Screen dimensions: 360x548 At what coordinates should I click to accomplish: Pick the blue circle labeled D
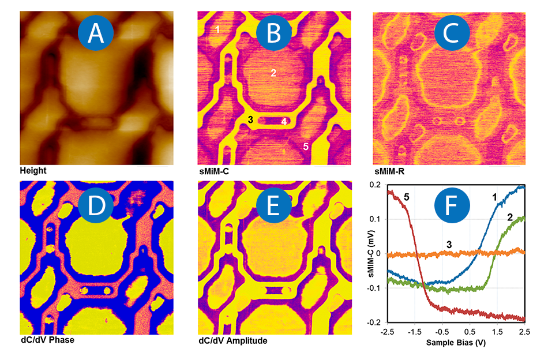95,205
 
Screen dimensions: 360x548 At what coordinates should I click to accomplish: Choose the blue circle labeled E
273,205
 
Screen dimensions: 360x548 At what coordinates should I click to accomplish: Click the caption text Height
33,171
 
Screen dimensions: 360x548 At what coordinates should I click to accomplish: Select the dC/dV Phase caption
47,340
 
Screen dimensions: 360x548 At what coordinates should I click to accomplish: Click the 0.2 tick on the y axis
376,185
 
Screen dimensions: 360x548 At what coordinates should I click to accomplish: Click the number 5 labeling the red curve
407,197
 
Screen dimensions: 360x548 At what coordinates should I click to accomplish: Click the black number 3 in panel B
250,119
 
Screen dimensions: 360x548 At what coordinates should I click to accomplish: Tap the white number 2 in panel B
273,73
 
